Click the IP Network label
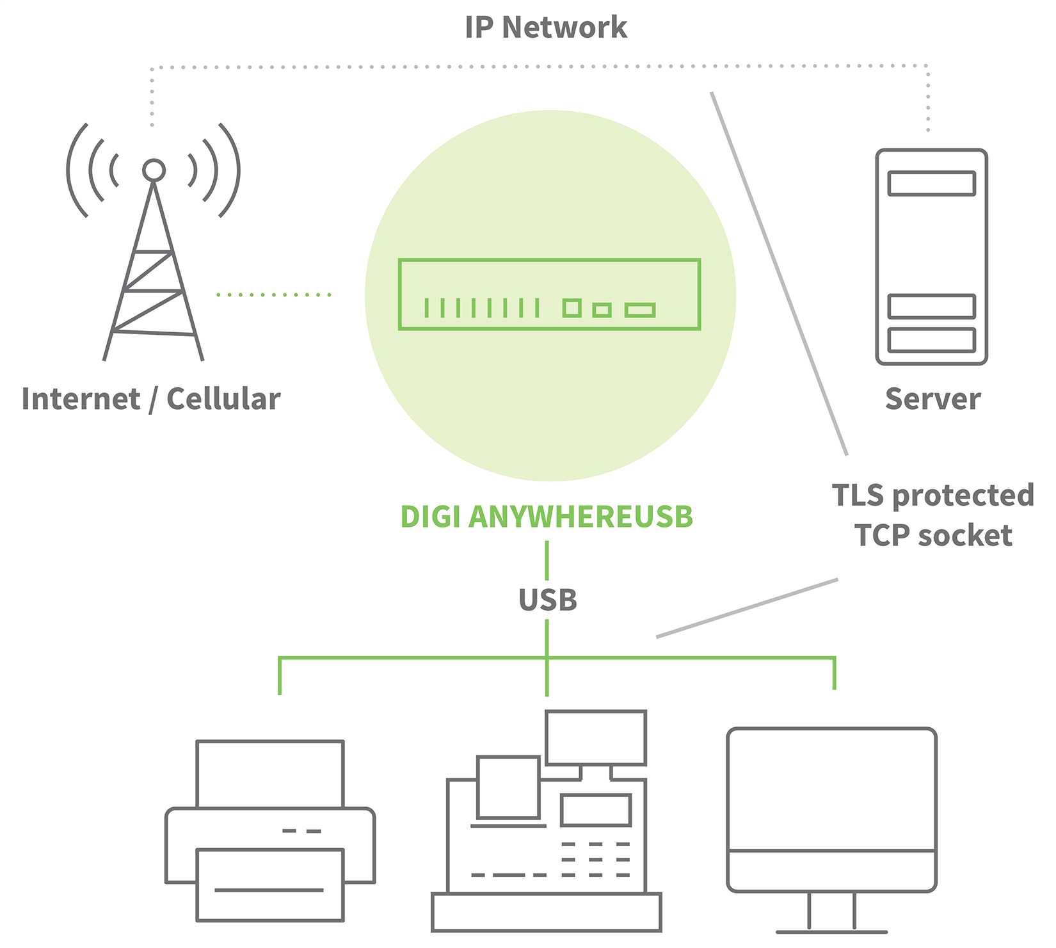(546, 28)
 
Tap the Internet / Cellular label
(151, 399)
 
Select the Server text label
(932, 399)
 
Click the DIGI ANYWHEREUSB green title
(547, 517)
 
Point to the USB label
(548, 600)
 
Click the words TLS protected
(932, 495)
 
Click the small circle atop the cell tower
(154, 170)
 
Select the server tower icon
(931, 256)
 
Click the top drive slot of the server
(931, 184)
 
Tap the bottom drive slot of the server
(931, 340)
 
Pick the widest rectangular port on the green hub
(640, 310)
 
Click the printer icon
(270, 832)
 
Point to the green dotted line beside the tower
(273, 295)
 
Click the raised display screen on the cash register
(595, 737)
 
